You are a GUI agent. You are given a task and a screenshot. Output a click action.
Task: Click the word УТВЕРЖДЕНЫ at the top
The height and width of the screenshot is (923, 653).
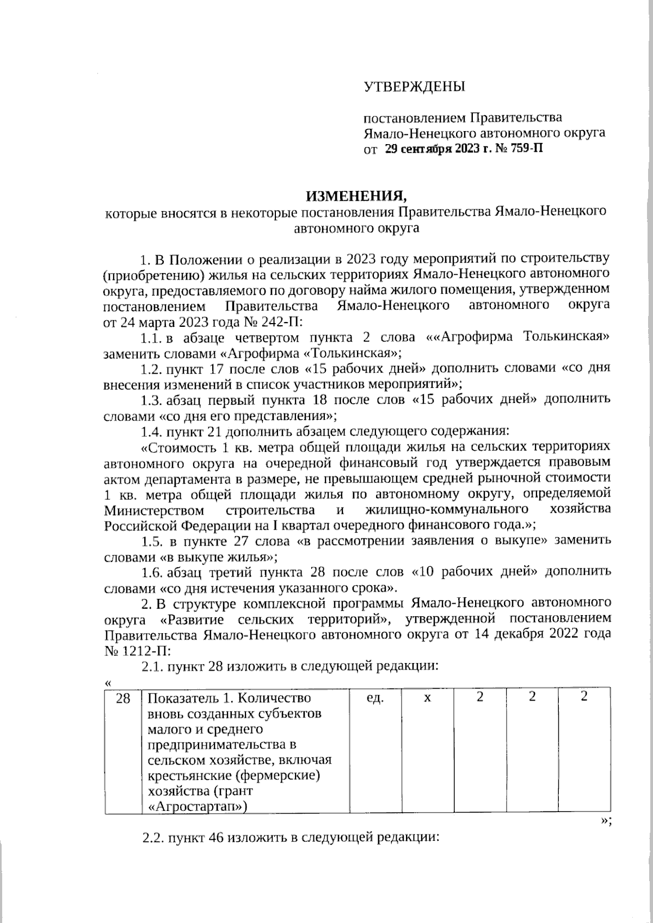(x=414, y=86)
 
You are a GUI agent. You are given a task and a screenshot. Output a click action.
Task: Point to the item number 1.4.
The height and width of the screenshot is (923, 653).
(x=152, y=433)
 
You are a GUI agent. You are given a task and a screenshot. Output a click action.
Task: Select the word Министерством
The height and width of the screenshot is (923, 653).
(x=154, y=511)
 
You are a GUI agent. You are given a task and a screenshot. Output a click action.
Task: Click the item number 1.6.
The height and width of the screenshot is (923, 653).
(x=152, y=573)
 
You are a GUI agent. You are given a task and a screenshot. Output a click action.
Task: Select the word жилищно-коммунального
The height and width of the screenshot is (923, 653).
(x=447, y=511)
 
